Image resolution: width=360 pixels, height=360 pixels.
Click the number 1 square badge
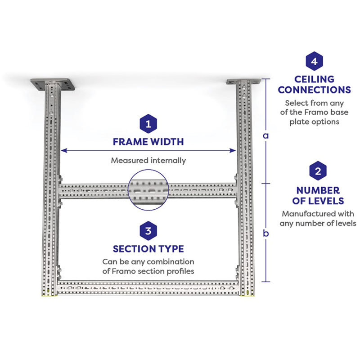[x=148, y=123]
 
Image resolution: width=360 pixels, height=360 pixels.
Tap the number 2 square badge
[x=318, y=171]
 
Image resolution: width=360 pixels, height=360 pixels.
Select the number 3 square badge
[x=148, y=231]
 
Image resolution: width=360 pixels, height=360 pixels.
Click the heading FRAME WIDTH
[x=148, y=142]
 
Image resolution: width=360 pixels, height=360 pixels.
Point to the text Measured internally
[x=148, y=160]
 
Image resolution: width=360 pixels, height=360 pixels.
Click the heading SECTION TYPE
[x=148, y=249]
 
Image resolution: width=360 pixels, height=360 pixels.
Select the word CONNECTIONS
[x=314, y=90]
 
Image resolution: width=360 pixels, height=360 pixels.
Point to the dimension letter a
[x=266, y=135]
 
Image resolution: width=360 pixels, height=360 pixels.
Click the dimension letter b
[x=266, y=233]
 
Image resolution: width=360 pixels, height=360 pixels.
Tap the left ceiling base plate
[x=52, y=84]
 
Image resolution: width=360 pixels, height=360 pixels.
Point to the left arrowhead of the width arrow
[x=63, y=150]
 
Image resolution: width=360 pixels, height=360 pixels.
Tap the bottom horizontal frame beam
[x=148, y=286]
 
